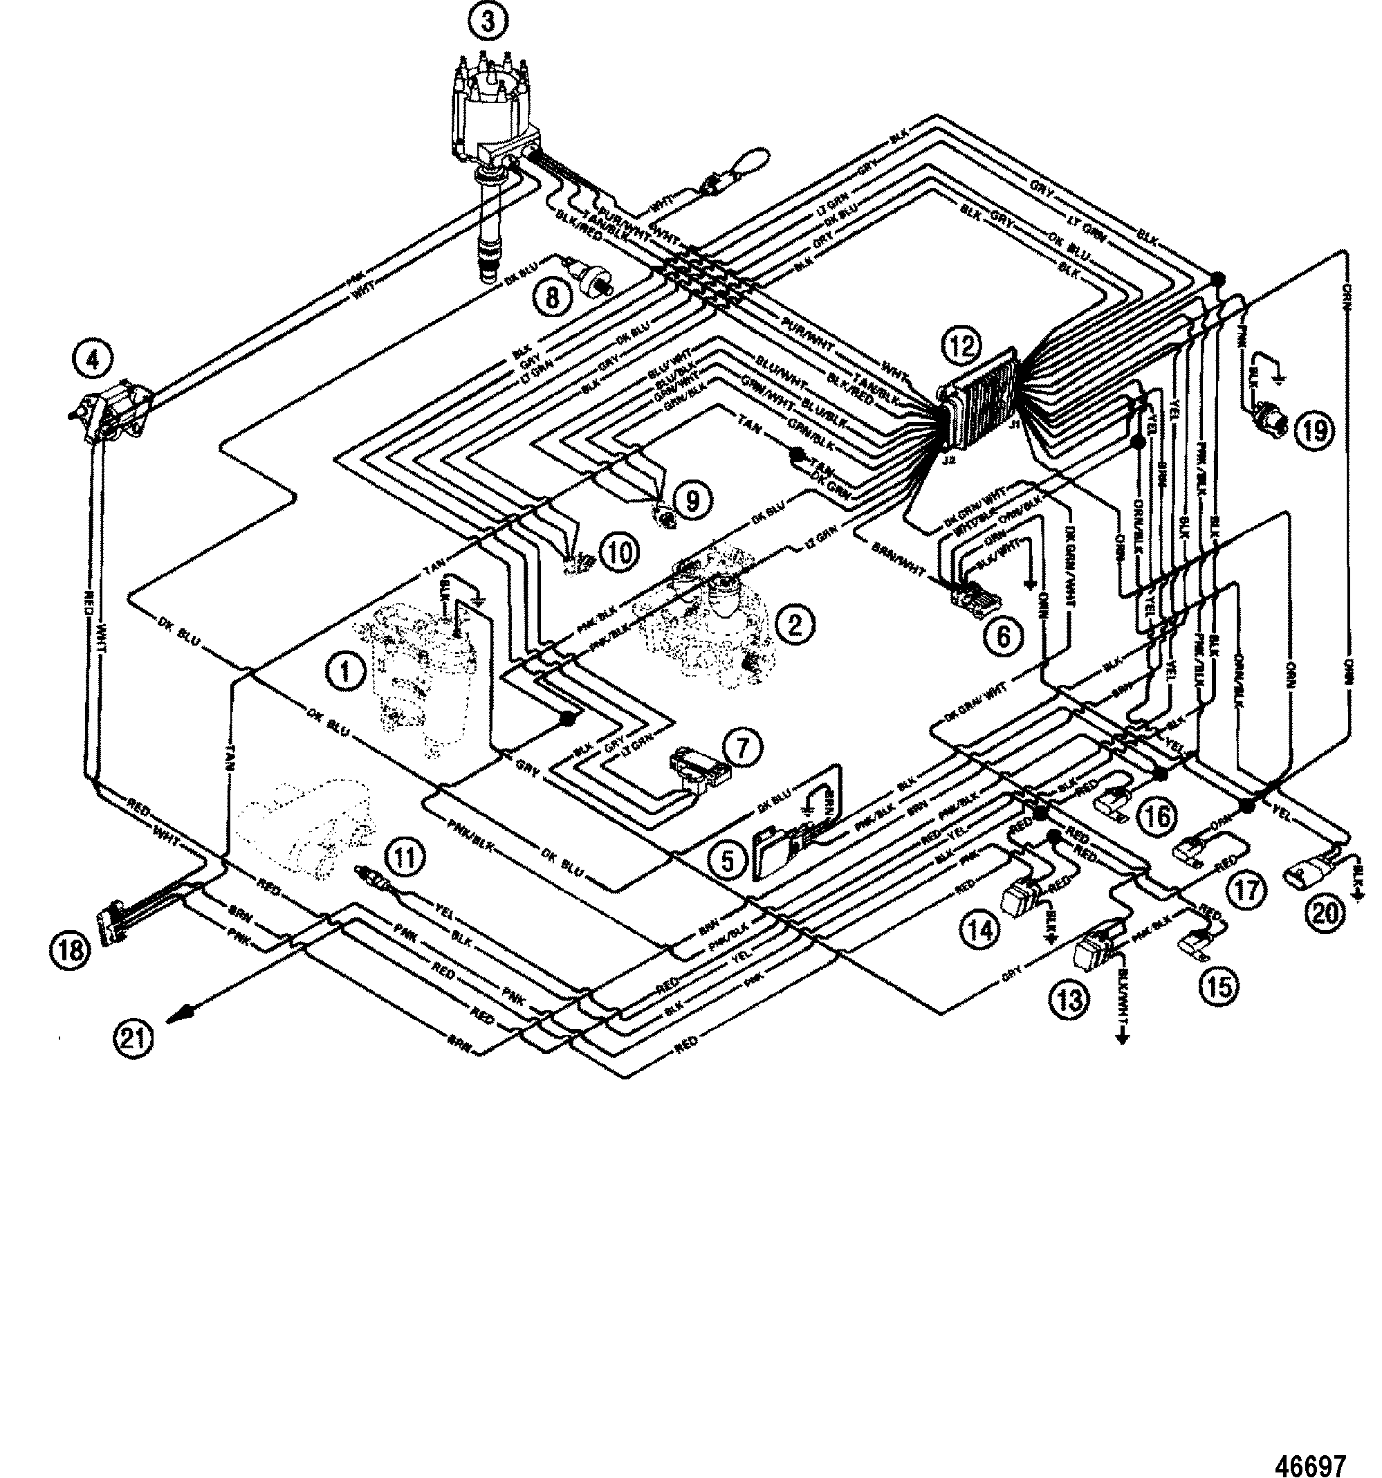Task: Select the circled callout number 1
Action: pos(344,673)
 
